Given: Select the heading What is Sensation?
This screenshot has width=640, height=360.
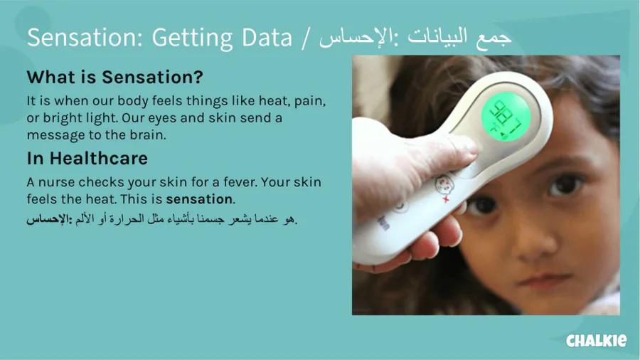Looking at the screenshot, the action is [x=114, y=77].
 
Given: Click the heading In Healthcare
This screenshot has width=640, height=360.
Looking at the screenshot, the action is [x=87, y=159].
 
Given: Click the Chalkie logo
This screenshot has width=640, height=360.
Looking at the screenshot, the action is [x=597, y=340].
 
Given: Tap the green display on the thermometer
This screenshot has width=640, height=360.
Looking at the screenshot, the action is [x=506, y=117].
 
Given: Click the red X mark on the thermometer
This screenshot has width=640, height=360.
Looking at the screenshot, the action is [x=446, y=199].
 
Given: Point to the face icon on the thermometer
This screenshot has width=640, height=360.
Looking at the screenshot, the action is [x=443, y=183].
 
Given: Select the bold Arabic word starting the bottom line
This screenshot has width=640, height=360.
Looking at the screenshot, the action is [x=49, y=219].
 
